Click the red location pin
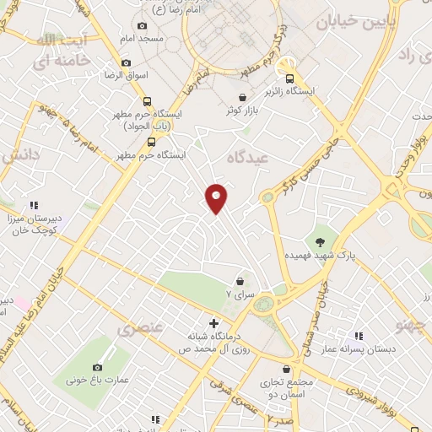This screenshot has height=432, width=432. click(x=217, y=197)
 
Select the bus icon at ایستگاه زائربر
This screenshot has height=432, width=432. click(x=289, y=77)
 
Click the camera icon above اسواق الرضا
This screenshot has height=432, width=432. click(x=127, y=62)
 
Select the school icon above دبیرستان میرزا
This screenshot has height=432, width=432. click(x=33, y=205)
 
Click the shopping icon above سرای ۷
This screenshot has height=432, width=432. click(x=240, y=281)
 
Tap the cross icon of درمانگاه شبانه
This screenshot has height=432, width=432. click(x=213, y=323)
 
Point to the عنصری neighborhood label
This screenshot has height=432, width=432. click(x=138, y=327)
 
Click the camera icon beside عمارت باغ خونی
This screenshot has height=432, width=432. click(x=98, y=367)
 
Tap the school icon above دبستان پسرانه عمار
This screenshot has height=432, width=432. click(x=359, y=336)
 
